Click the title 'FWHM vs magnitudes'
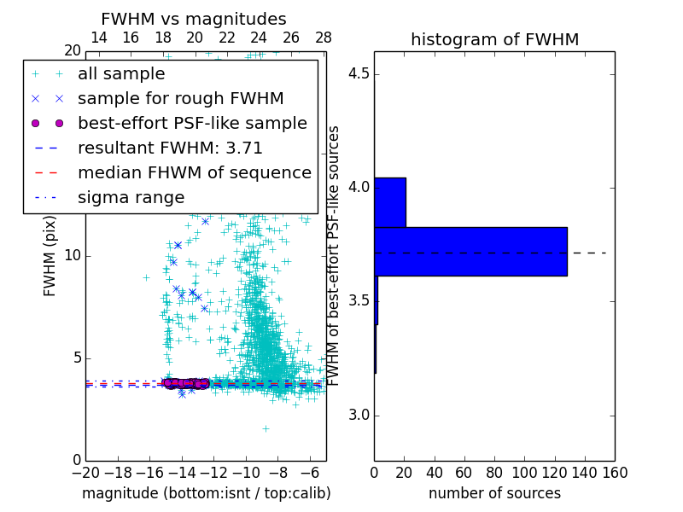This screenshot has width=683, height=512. coord(194,19)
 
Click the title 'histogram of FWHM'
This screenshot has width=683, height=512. coord(494,39)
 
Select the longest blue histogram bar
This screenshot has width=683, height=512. coord(470,252)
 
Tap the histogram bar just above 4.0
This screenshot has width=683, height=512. coord(389,202)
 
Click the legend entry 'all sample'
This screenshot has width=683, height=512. coord(121,74)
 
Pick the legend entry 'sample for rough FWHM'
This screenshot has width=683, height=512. coord(180,98)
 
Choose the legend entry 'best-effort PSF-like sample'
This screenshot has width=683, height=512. coord(192,123)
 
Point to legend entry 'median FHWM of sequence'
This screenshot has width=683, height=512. coord(194,172)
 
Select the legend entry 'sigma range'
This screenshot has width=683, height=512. coord(131,197)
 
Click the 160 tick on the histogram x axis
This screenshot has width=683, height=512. coord(615,472)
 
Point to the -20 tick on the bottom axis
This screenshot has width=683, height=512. coord(85,472)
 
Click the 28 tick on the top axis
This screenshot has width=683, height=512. coord(324,38)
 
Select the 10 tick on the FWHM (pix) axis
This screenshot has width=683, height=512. coord(73,256)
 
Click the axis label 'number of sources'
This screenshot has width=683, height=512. coord(494,493)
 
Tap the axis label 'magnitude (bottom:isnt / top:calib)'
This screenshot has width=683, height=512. coord(206,493)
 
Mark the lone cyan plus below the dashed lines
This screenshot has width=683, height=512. coord(266,428)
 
